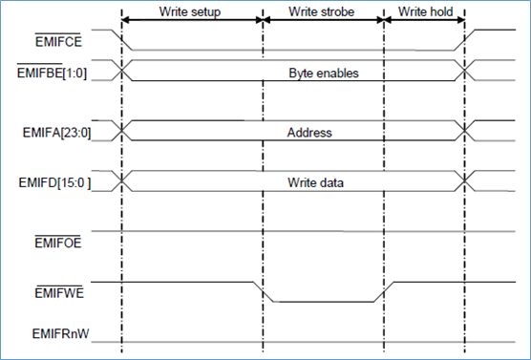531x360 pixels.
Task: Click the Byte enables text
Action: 322,72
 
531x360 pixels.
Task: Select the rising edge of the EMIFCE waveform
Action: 465,39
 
